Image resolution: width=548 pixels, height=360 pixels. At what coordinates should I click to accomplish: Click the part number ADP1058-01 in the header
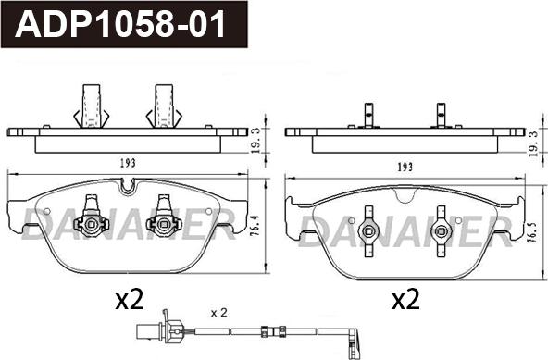pos(120,24)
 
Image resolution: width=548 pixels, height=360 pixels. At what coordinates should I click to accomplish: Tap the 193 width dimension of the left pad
pos(128,163)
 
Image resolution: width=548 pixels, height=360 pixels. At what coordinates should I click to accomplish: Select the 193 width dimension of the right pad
pos(405,168)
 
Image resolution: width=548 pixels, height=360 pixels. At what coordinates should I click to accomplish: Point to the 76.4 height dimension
pos(255,226)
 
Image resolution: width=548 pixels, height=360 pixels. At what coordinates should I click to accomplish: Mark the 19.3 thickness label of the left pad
pos(256,141)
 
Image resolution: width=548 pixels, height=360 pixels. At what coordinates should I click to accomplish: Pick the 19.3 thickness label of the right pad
pos(534,144)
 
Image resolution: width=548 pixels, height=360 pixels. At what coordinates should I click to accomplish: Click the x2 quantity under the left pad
pos(130,300)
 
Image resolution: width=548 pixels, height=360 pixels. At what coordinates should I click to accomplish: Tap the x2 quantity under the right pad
pos(405,300)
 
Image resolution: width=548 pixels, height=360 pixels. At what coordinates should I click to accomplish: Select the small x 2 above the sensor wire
pos(219,313)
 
